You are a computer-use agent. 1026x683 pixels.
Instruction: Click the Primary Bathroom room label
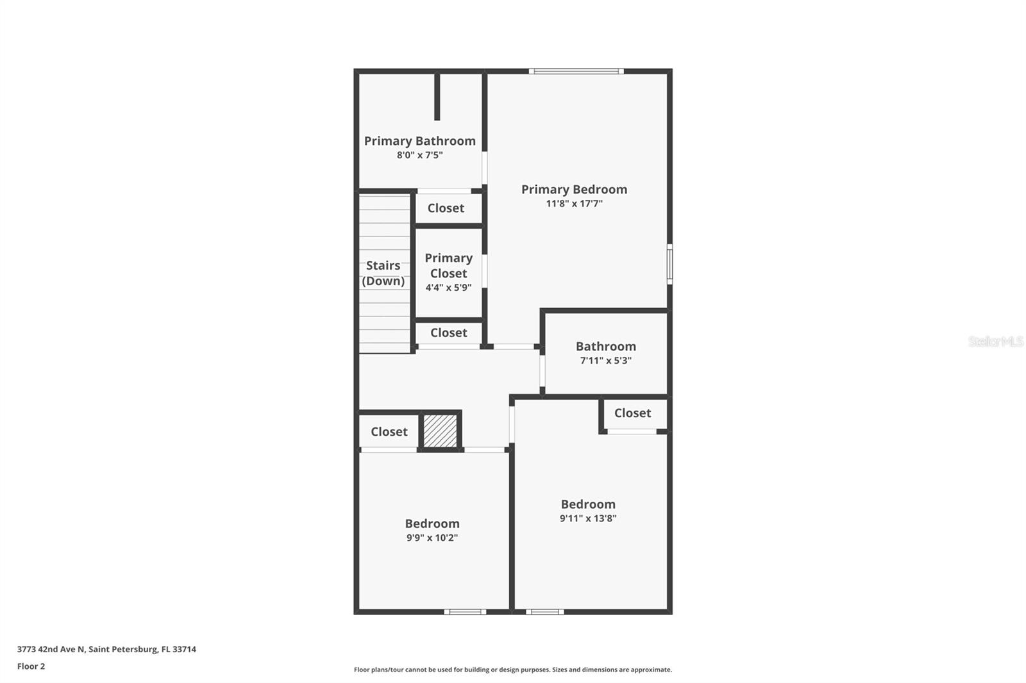point(419,141)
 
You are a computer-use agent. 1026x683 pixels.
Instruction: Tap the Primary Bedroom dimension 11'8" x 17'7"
point(574,204)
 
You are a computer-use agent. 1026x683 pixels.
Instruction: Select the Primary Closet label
point(448,265)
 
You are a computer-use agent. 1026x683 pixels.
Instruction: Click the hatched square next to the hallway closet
point(440,431)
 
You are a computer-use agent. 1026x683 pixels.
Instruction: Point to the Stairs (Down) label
point(383,273)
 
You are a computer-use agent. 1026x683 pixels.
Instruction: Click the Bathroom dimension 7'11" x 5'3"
point(605,361)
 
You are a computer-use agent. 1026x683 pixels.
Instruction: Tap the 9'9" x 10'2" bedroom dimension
point(432,538)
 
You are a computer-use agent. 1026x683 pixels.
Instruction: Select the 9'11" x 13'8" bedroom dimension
point(587,518)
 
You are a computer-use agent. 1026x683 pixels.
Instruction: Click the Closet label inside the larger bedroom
point(632,413)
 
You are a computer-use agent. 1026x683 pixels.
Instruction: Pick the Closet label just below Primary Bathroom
point(446,208)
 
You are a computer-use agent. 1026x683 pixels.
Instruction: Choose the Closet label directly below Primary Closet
point(448,333)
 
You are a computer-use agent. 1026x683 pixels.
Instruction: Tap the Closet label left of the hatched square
point(389,432)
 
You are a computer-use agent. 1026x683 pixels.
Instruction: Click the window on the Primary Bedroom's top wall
point(576,71)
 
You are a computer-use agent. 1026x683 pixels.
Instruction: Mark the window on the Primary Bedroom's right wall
point(669,263)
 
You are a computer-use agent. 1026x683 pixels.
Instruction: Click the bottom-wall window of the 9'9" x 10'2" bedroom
point(465,612)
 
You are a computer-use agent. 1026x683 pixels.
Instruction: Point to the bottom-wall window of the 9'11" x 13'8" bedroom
point(544,612)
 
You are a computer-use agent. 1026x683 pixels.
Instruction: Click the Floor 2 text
point(31,666)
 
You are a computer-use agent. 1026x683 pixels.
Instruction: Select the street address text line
point(106,649)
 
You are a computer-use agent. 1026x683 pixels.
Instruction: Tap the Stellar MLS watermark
point(995,341)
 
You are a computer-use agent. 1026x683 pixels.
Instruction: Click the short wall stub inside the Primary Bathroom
point(437,97)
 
